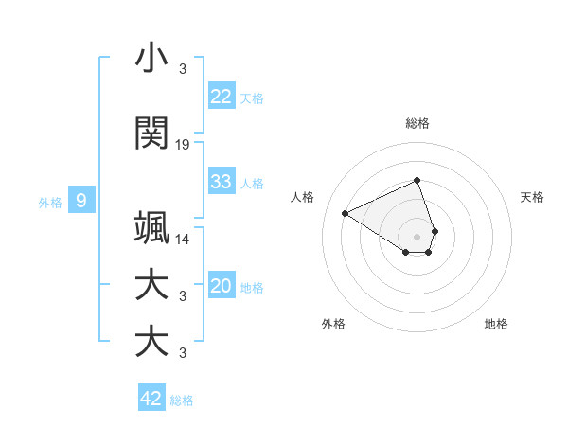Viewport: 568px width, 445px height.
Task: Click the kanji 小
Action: tap(152, 59)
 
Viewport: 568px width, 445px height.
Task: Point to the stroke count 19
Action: tap(183, 145)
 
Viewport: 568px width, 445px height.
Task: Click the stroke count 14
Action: tap(183, 240)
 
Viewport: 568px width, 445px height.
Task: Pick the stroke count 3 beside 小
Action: tap(183, 69)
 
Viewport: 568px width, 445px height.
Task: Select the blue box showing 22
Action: tap(222, 97)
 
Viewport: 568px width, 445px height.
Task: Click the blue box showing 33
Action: tap(222, 182)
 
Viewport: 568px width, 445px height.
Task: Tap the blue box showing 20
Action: tap(222, 287)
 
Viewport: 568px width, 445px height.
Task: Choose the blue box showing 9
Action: tap(81, 201)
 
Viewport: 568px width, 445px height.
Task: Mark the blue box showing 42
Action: tap(151, 399)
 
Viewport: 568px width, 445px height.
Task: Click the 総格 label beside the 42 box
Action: tap(182, 400)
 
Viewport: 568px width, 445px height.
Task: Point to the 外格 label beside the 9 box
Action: tap(50, 202)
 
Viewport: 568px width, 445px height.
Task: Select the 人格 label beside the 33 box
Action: tap(253, 183)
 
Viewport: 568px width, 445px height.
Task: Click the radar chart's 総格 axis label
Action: tap(417, 123)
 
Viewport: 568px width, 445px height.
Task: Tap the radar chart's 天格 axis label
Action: tap(532, 197)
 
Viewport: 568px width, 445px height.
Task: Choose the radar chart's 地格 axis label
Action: tap(496, 324)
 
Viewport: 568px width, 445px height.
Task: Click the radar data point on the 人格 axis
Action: tap(346, 213)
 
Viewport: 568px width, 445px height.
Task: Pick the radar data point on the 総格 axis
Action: tap(417, 180)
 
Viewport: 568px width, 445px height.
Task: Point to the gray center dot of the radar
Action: tap(417, 237)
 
